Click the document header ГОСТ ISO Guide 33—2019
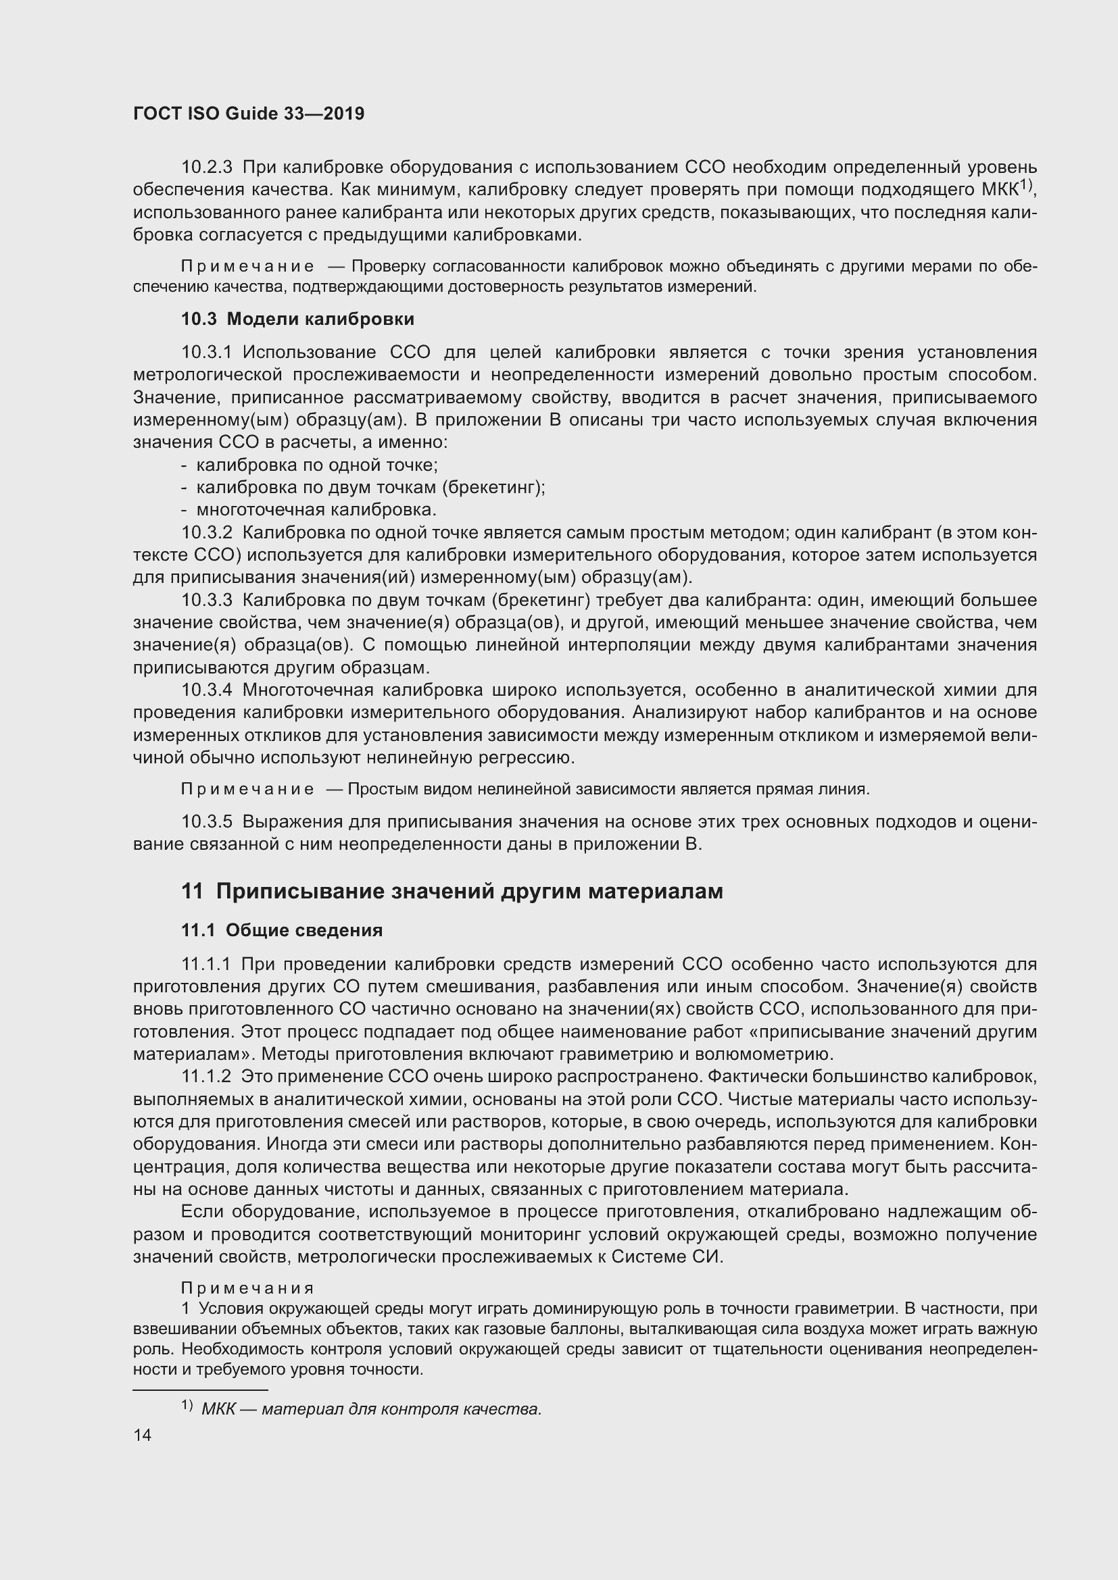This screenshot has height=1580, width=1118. pos(249,114)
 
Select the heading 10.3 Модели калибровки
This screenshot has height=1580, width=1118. pos(297,320)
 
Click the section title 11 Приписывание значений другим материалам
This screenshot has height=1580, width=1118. pos(452,891)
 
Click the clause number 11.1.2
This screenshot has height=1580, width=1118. pos(206,1076)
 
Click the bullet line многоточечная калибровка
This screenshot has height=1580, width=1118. pos(316,510)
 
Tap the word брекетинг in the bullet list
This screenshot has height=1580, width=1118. pos(489,488)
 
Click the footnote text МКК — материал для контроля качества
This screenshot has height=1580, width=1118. pos(372,1404)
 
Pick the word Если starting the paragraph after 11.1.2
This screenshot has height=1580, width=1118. pos(203,1212)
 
